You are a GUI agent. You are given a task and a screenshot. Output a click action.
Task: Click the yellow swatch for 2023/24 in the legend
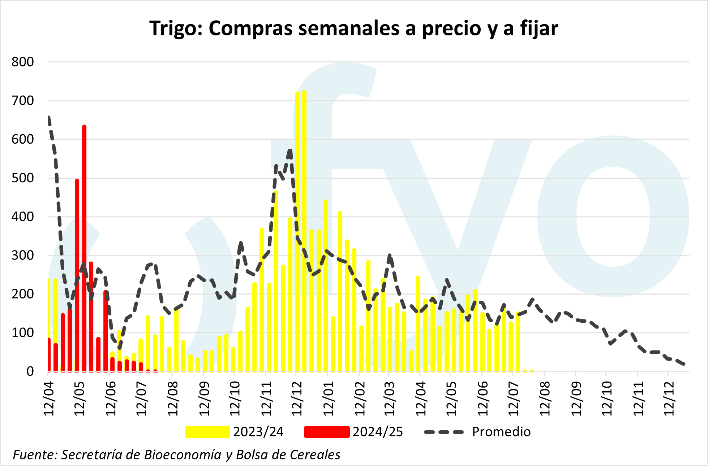click(207, 432)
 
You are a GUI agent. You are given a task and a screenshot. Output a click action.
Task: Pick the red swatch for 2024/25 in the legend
click(327, 432)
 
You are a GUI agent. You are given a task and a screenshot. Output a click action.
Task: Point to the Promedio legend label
click(501, 432)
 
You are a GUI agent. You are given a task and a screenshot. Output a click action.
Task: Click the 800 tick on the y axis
click(23, 62)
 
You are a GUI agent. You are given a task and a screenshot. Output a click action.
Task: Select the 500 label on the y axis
click(23, 178)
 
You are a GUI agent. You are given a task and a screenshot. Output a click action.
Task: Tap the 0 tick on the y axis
click(30, 371)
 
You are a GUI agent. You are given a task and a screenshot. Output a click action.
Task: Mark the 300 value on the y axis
click(23, 255)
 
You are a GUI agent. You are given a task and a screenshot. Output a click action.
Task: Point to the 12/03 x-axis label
click(390, 397)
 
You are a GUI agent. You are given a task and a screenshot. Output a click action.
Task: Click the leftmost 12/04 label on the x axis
click(49, 397)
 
